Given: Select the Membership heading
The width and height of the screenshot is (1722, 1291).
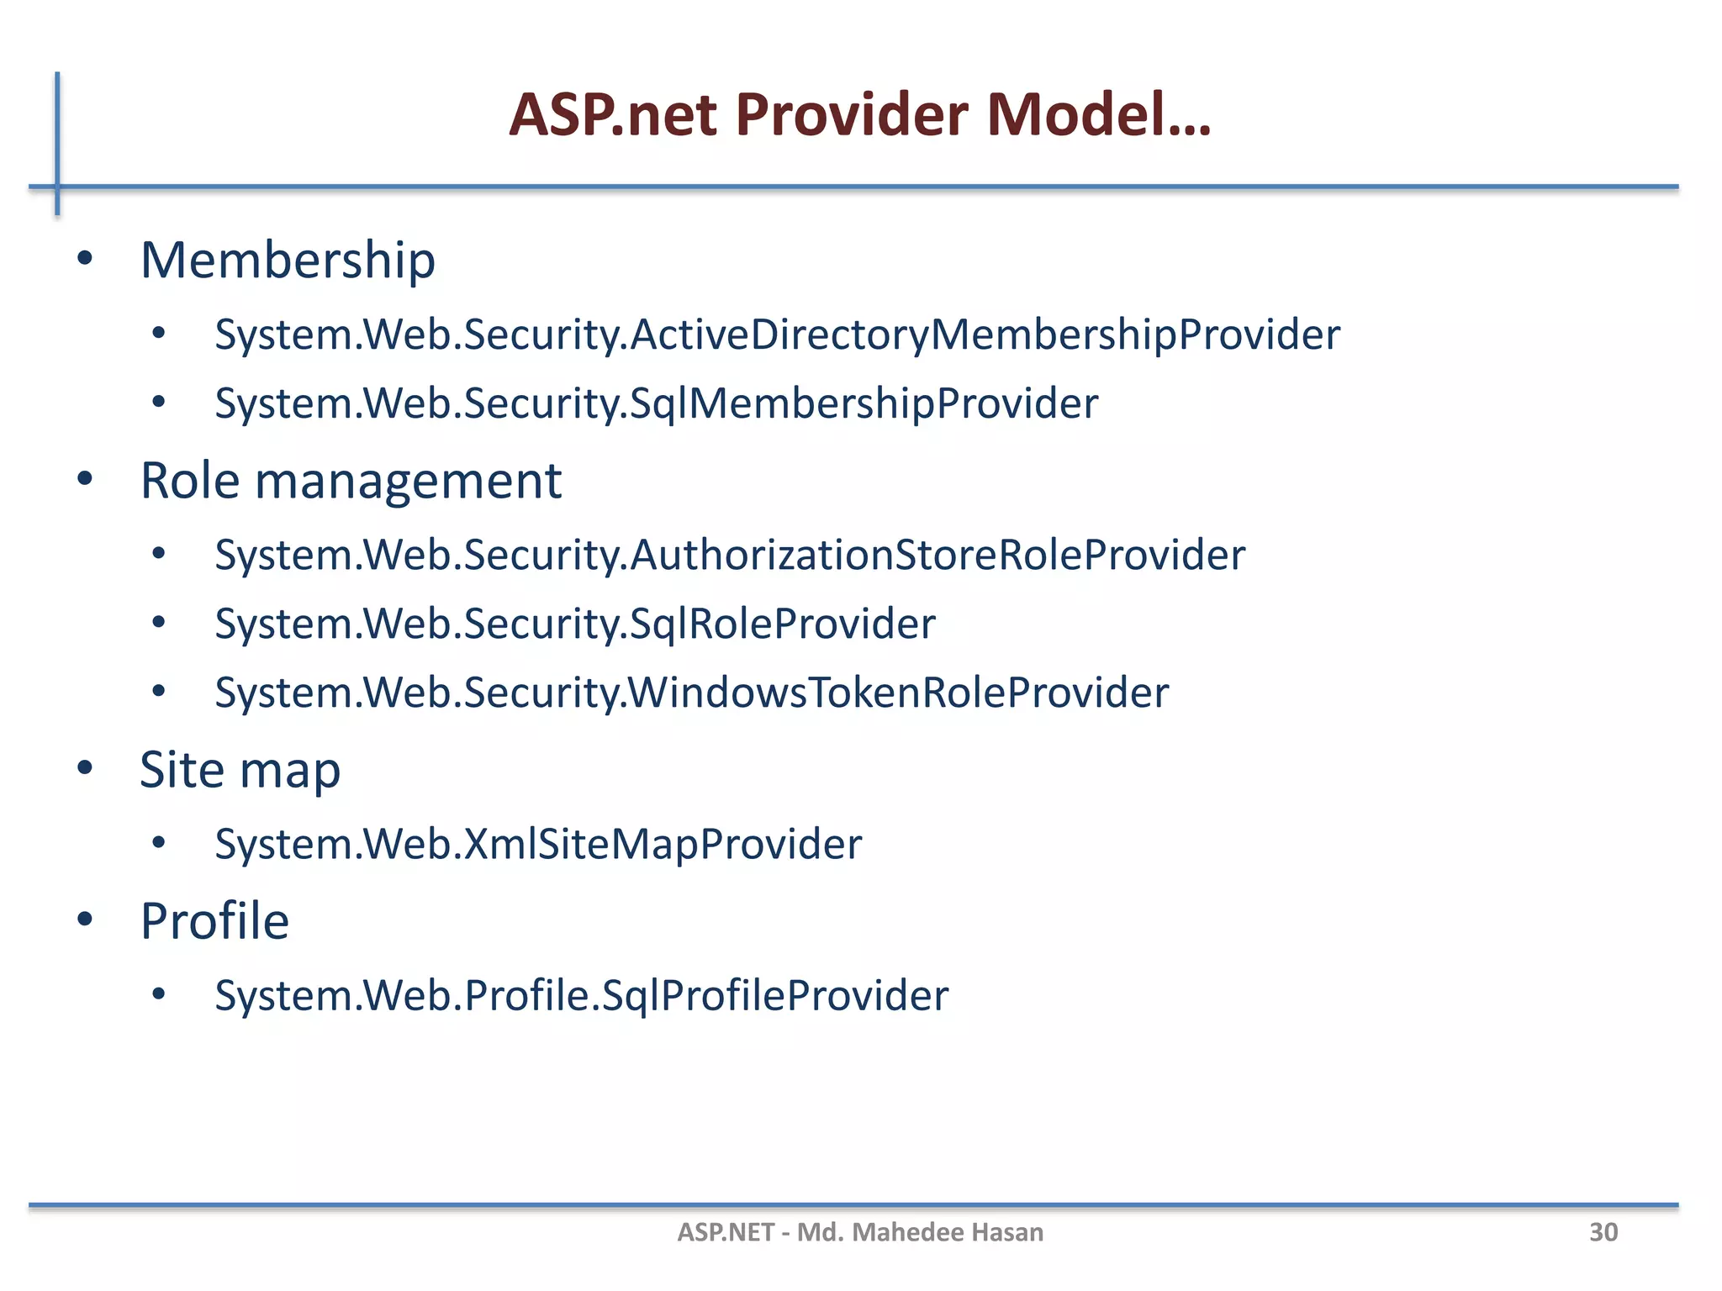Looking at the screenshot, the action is tap(288, 260).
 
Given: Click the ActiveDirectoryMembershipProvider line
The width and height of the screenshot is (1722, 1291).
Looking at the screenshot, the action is tap(777, 335).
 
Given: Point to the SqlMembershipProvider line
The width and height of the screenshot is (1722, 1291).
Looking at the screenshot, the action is tap(656, 404).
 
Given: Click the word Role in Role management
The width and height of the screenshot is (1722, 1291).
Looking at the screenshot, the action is tap(190, 481).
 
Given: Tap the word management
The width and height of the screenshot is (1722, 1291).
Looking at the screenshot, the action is tap(408, 482).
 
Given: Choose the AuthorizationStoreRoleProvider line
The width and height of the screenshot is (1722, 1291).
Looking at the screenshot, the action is tap(730, 556).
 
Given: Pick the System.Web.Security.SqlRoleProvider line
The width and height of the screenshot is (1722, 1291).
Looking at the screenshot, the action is tap(575, 624).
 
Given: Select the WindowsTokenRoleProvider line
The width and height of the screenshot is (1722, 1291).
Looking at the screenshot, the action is tap(691, 693).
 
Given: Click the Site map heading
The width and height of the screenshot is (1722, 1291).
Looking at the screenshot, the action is tap(240, 770).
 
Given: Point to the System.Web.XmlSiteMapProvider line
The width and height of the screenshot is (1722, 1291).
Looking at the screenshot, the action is tap(538, 845).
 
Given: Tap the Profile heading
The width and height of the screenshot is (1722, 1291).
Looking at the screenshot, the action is tap(214, 921).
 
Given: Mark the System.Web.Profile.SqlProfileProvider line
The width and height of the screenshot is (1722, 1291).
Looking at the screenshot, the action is tap(581, 996).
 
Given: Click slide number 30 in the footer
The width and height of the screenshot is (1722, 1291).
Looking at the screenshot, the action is tap(1603, 1232).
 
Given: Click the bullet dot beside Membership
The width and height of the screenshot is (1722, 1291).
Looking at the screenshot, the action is tap(84, 259).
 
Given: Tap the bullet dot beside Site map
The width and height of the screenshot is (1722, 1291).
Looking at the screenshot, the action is tap(84, 767).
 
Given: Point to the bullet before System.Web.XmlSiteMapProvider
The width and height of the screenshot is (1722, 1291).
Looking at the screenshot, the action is tap(159, 842).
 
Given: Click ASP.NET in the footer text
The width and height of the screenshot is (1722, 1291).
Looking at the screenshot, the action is tap(726, 1232).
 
